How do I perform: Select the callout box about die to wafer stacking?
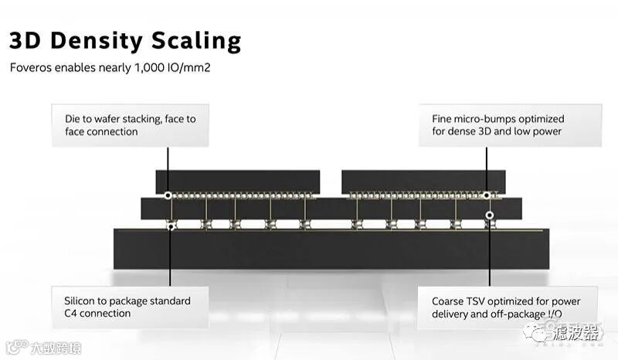(x=131, y=125)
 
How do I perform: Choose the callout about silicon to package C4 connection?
(x=131, y=307)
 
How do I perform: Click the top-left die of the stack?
(x=238, y=182)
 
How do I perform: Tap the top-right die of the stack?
(x=423, y=182)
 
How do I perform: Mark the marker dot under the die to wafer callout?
(x=168, y=195)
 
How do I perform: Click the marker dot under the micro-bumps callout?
(x=487, y=195)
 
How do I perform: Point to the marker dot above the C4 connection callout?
(x=171, y=226)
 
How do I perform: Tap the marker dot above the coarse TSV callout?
(x=489, y=215)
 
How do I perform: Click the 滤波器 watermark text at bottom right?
(x=572, y=333)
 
